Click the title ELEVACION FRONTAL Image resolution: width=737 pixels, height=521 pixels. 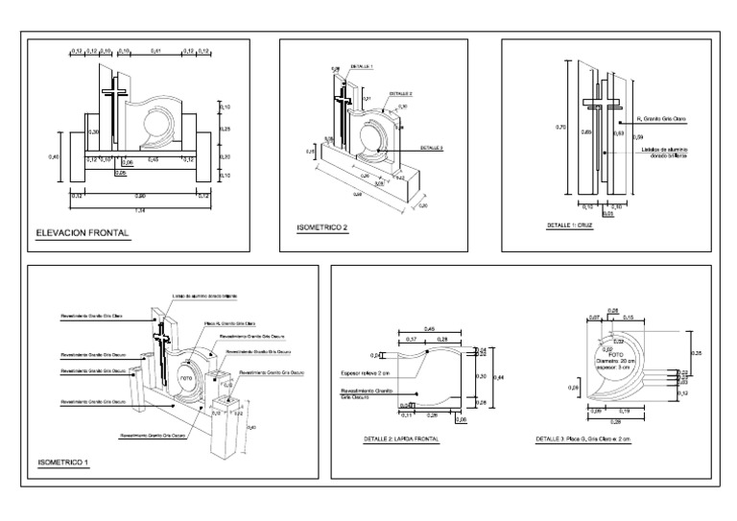click(82, 233)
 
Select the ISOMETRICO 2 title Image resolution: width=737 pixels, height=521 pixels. click(321, 229)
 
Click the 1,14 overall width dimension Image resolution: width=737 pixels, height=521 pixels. click(140, 210)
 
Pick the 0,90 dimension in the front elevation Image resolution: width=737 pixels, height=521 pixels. click(140, 196)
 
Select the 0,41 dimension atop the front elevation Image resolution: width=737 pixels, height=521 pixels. click(155, 49)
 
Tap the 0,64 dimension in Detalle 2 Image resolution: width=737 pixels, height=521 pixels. click(498, 378)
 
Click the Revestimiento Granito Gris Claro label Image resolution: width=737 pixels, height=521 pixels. click(91, 314)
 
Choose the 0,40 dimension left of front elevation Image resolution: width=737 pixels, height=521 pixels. click(55, 156)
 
